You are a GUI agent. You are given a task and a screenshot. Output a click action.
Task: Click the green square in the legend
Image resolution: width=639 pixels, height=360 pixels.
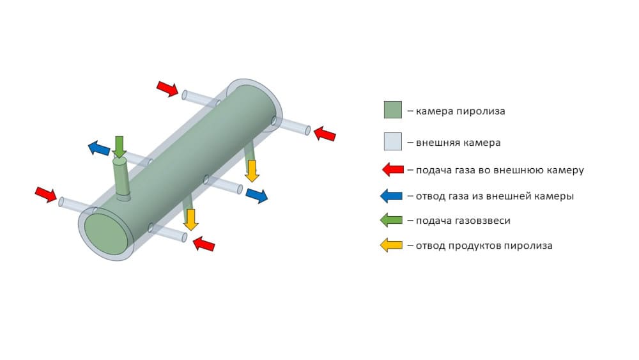click(x=392, y=110)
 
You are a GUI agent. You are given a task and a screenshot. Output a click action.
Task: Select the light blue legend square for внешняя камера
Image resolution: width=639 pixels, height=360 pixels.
click(x=392, y=141)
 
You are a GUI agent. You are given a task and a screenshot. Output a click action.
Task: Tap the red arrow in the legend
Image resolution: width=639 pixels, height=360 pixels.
click(x=393, y=169)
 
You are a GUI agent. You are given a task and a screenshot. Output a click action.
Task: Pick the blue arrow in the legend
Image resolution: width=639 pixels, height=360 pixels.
click(x=391, y=196)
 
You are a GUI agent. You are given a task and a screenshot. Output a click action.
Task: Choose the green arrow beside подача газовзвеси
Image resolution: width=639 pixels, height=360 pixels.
click(x=391, y=221)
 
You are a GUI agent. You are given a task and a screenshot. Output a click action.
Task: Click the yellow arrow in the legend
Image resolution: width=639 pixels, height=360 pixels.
click(x=391, y=246)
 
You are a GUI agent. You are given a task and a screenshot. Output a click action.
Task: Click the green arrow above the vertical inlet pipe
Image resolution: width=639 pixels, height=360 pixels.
click(x=119, y=147)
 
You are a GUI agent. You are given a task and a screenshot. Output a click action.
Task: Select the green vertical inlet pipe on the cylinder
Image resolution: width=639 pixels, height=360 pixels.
click(x=121, y=178)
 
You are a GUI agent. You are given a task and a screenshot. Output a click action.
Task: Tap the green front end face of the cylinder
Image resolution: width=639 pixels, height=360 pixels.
click(x=105, y=234)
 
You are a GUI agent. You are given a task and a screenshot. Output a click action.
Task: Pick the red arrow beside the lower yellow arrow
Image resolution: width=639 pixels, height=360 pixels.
click(x=204, y=244)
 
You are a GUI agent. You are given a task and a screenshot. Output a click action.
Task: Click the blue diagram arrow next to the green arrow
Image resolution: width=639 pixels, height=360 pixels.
click(x=99, y=148)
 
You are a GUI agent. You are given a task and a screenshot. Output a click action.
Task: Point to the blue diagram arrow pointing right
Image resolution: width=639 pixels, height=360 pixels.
click(x=257, y=196)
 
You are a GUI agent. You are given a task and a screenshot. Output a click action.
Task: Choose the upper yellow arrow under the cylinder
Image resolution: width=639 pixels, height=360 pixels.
click(x=252, y=171)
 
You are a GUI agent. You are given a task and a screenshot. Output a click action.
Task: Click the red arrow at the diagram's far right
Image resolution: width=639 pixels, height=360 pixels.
click(x=325, y=134)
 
